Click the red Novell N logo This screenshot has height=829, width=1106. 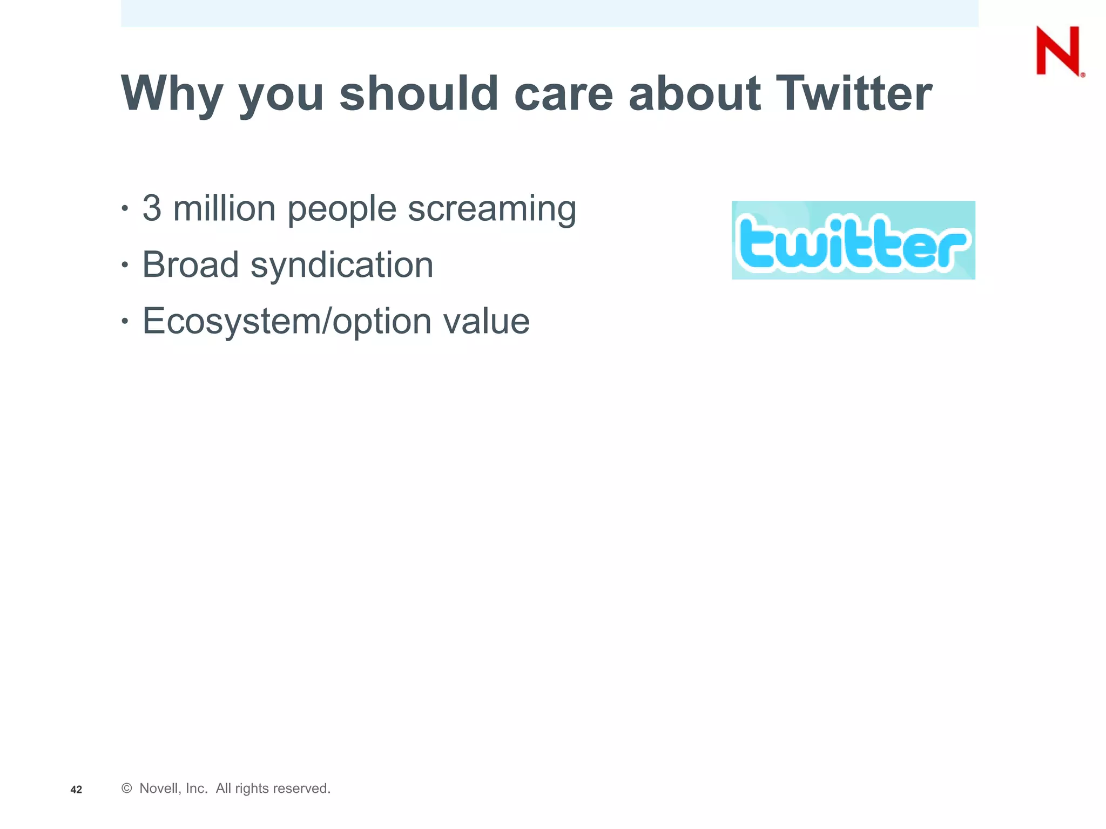(x=1058, y=51)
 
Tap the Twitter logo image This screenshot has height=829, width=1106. (x=853, y=240)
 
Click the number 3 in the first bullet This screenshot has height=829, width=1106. (x=152, y=208)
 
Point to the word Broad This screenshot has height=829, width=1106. (x=190, y=264)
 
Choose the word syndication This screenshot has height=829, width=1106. (x=342, y=266)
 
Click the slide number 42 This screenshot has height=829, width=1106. (x=76, y=790)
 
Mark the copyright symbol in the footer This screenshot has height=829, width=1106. (x=127, y=789)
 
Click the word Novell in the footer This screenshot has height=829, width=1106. (x=159, y=789)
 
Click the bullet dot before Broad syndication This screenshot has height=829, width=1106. (x=125, y=264)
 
